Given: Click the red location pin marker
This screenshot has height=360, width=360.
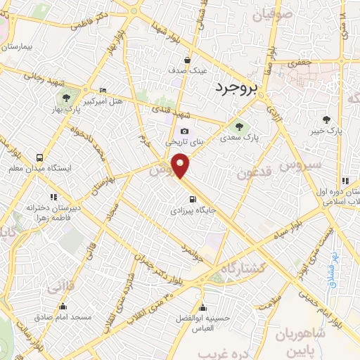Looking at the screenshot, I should click(181, 165).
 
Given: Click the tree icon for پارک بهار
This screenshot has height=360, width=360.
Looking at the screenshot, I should click(65, 98).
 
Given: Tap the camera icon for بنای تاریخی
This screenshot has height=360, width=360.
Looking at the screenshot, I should click(184, 130).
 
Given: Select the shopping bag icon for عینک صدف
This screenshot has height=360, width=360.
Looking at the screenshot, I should click(187, 59).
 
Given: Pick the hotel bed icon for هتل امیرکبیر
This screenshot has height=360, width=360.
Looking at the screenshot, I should click(103, 90).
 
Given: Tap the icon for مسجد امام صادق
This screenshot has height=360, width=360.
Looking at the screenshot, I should click(63, 306).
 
